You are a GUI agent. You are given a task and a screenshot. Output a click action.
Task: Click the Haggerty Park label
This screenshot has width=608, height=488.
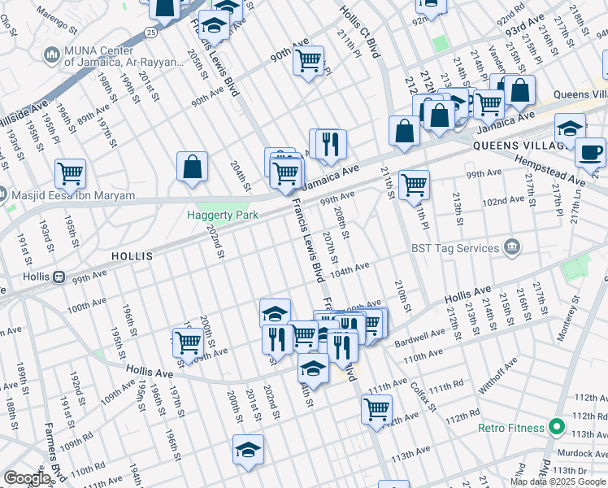coord(223,215)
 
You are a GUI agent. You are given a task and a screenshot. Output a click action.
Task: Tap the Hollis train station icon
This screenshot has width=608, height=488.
coord(59,277)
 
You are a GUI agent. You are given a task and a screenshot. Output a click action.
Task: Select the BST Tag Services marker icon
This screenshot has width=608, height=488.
coord(511,247)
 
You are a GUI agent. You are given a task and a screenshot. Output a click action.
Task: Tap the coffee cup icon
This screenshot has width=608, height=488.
coord(589,152)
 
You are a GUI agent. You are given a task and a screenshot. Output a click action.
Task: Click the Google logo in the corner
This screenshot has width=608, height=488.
coord(27,478)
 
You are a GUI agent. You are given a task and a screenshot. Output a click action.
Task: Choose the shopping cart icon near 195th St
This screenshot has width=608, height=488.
coord(71,173)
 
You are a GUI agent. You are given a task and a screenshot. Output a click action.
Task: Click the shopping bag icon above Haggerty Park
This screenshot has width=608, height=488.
coord(192,167)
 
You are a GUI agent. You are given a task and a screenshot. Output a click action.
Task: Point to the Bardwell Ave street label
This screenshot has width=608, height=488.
coord(415,336)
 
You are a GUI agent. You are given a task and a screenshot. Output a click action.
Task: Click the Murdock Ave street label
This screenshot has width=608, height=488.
coord(579,453)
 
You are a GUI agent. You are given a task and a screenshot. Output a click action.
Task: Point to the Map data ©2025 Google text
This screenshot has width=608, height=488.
coord(557,481)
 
